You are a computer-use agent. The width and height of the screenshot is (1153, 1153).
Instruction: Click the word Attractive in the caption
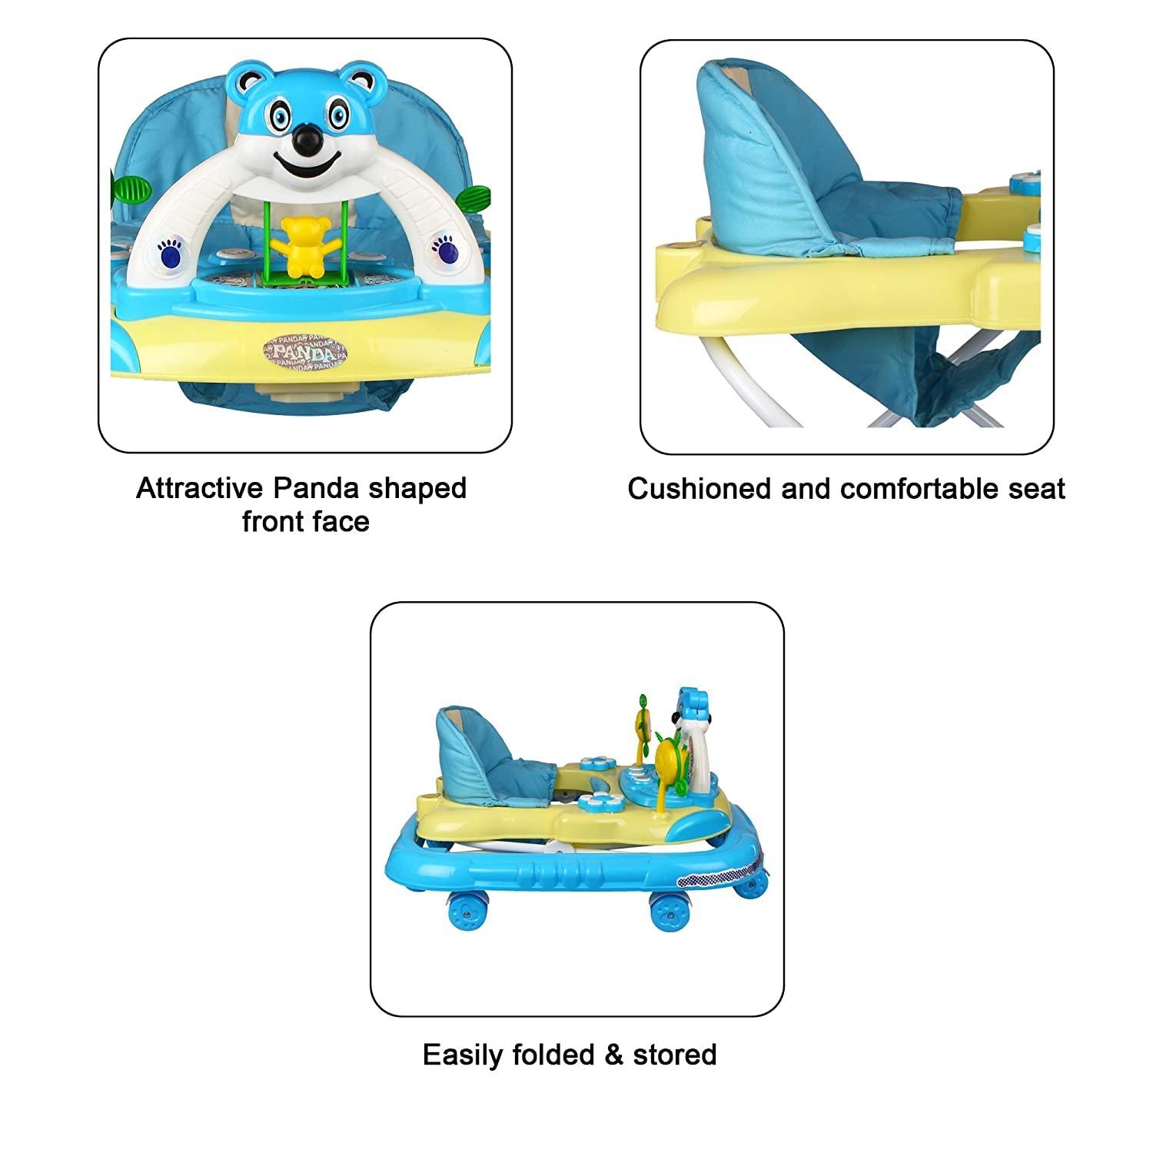click(x=198, y=489)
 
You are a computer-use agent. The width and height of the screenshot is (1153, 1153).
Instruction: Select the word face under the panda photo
click(x=337, y=522)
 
